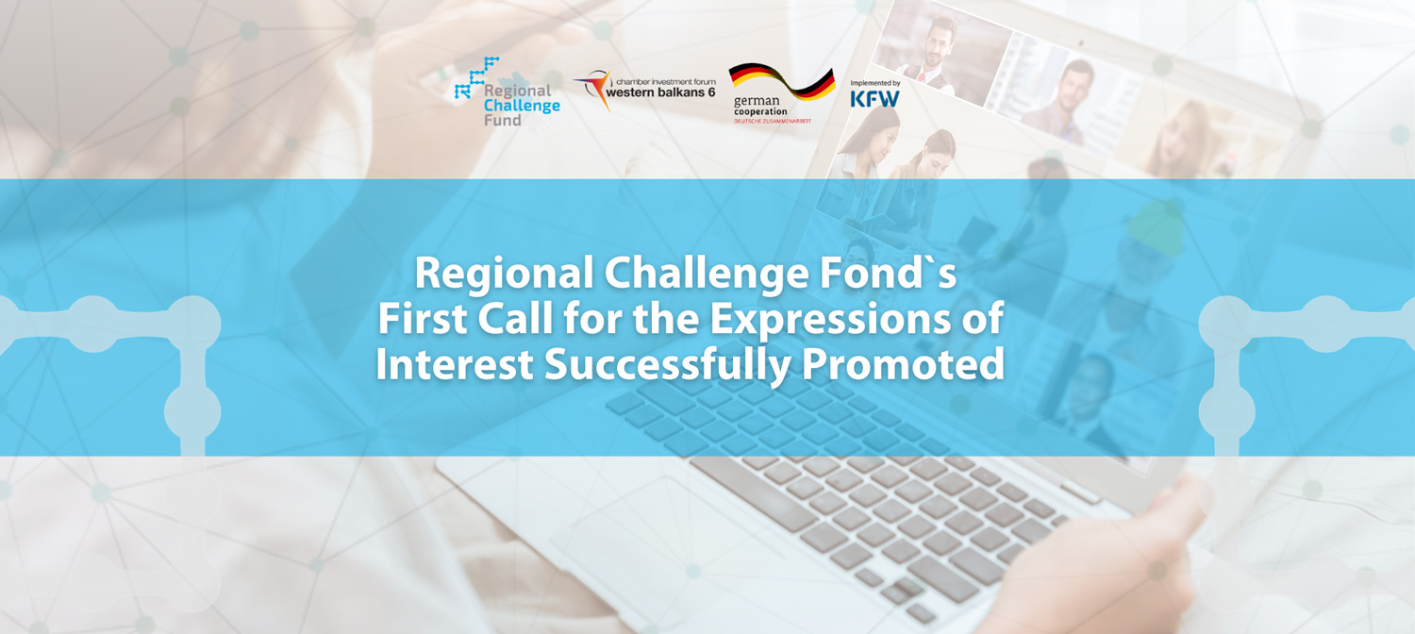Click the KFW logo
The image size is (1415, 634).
874,98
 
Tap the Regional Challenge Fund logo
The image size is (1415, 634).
508,92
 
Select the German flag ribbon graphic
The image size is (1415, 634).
782,82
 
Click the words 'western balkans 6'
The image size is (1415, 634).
660,92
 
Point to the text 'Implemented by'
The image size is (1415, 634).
874,83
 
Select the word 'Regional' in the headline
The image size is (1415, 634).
504,274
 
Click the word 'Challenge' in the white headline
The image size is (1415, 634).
706,274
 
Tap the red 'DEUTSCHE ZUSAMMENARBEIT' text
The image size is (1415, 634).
772,121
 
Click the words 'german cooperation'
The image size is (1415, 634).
759,106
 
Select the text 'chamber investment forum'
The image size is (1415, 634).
666,81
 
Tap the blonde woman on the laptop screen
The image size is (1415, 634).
1179,139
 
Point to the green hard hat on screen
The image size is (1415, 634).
1156,228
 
